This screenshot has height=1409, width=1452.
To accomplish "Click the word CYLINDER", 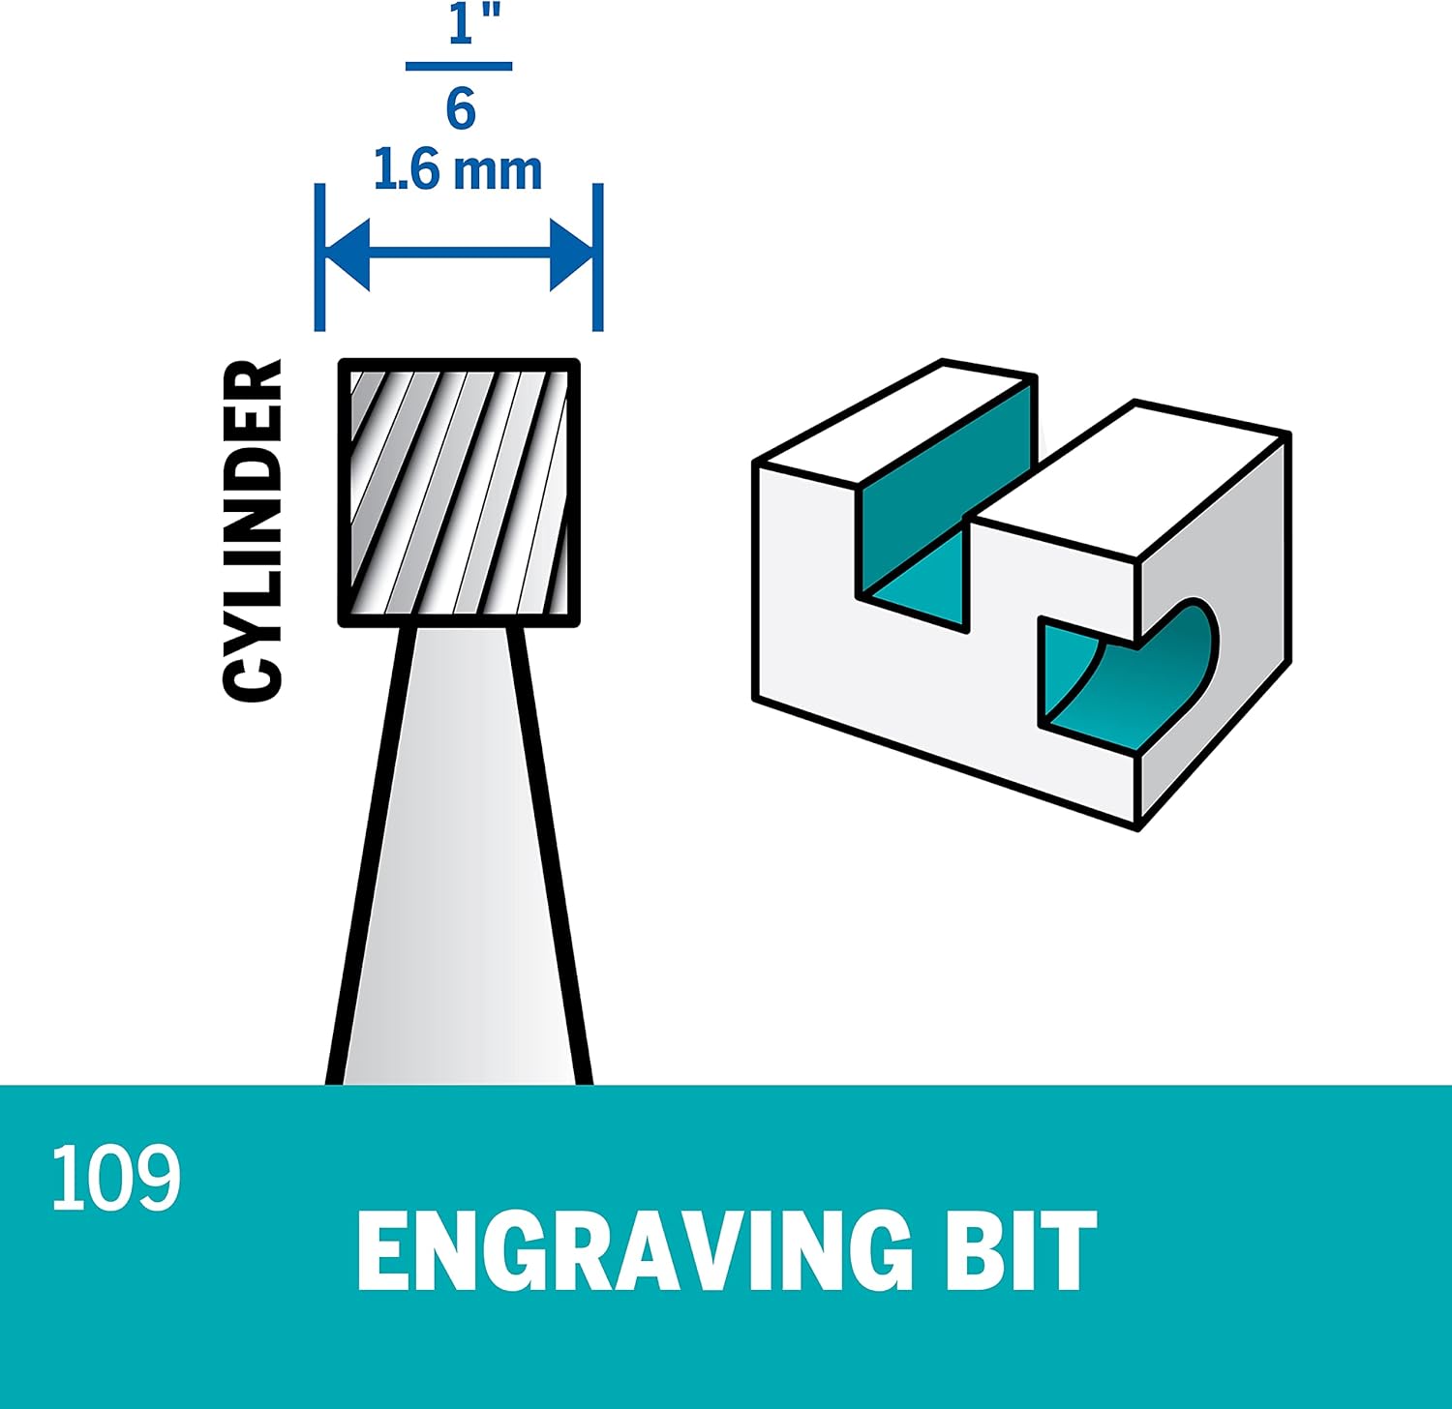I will point(253,530).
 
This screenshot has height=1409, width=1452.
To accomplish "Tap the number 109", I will point(116,1178).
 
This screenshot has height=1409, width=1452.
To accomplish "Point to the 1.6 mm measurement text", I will point(457,170).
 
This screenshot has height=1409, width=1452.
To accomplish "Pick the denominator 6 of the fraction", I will point(461,108).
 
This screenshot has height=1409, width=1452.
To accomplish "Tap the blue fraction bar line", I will point(458,67).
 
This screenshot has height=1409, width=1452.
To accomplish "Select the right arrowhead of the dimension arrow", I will point(570,255).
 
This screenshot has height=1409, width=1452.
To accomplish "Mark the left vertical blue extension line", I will point(320,256).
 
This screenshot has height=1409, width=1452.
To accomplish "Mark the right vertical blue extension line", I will point(597,256).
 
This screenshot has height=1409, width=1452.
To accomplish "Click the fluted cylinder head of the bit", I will point(459,493).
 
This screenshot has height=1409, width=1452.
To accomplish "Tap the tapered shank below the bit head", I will point(459,871).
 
